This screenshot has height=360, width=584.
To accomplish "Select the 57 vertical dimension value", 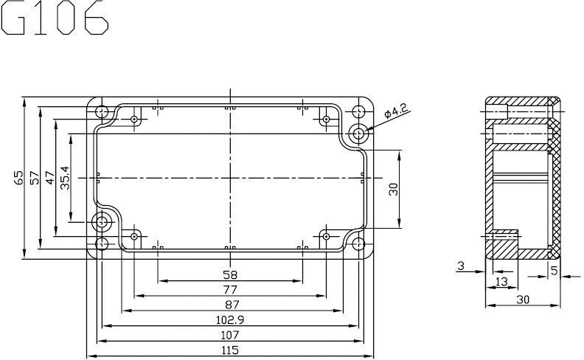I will (34, 178).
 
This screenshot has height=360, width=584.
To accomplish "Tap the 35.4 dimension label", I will (65, 178).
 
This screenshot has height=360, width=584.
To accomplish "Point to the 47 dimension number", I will (49, 178).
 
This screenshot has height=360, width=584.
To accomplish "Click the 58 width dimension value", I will (229, 274).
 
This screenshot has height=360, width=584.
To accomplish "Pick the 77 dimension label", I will (229, 289).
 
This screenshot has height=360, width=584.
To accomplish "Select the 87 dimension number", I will (229, 304).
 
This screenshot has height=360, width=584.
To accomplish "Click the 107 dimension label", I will (229, 334).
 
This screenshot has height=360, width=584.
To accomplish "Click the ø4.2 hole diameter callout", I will (396, 112).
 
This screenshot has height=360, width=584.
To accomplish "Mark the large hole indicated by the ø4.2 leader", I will (359, 134).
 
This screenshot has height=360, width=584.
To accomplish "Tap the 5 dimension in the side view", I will (554, 270).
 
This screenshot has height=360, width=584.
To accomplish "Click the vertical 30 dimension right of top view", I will (393, 189).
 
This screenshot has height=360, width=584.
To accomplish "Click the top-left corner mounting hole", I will (102, 112).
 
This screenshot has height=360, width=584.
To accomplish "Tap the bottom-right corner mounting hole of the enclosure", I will (358, 243).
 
